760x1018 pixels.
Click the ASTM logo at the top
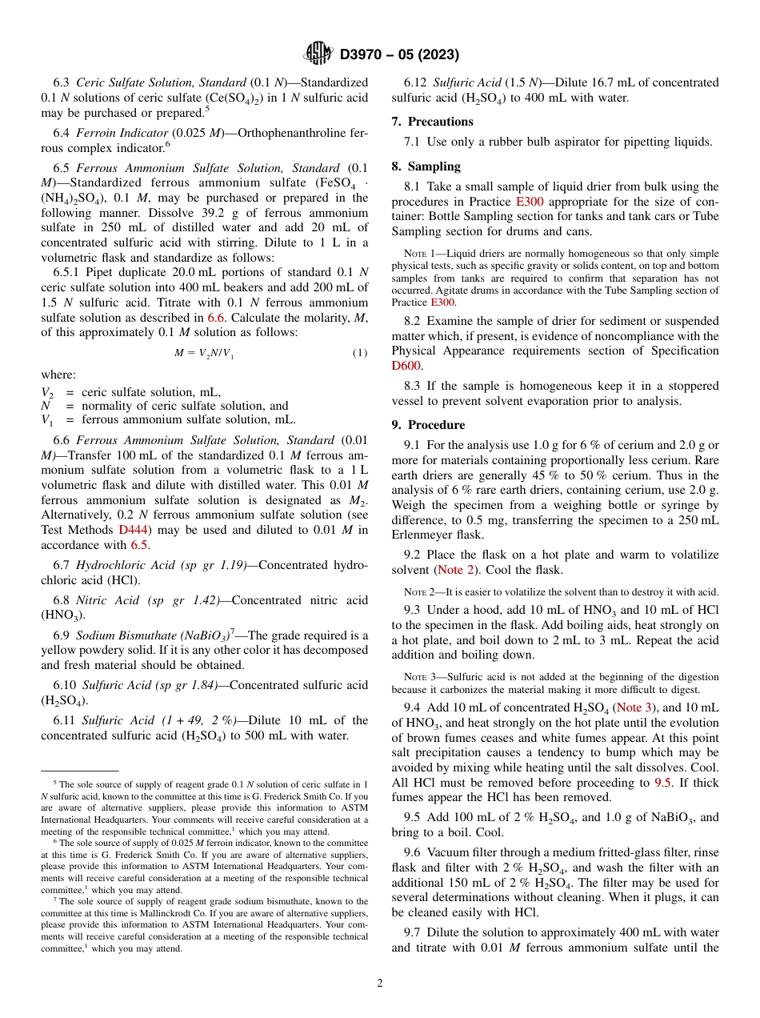click(318, 54)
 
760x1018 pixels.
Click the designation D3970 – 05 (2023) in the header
click(399, 54)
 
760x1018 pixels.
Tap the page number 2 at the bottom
click(380, 983)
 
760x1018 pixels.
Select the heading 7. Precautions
click(432, 122)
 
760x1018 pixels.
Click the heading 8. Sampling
click(426, 166)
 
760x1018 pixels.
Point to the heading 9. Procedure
click(428, 425)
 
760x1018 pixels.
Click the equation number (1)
click(360, 353)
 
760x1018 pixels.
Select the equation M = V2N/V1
click(204, 353)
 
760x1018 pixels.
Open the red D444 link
click(132, 529)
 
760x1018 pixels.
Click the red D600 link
click(406, 366)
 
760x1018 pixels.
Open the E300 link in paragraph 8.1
click(530, 202)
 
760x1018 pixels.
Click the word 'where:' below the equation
click(59, 375)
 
